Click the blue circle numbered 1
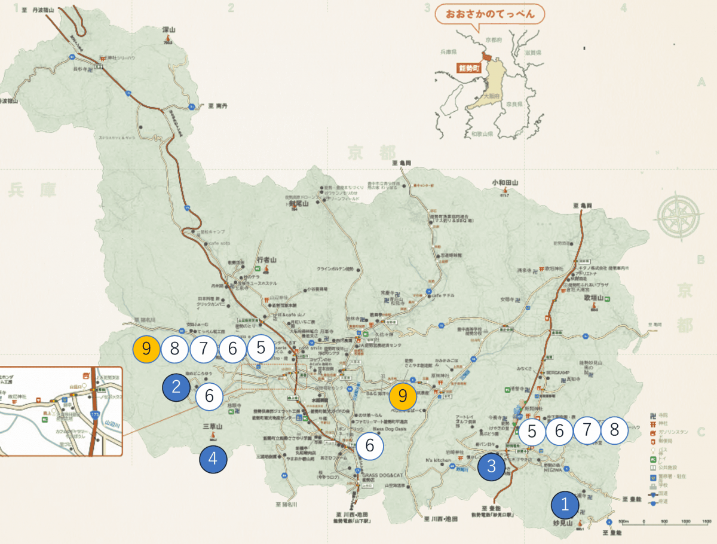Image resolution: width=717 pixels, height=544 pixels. click(565, 505)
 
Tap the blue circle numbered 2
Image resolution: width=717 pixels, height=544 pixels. click(176, 386)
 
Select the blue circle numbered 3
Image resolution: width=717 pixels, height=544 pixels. click(492, 466)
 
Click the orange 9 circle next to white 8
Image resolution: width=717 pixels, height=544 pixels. click(146, 348)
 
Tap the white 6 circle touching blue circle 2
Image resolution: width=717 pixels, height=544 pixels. click(209, 396)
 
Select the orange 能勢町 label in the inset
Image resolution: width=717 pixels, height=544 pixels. click(468, 68)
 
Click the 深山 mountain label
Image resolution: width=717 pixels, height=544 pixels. click(168, 29)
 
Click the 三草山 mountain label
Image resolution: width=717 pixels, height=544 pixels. click(212, 427)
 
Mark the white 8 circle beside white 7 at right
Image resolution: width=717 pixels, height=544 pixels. click(614, 430)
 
